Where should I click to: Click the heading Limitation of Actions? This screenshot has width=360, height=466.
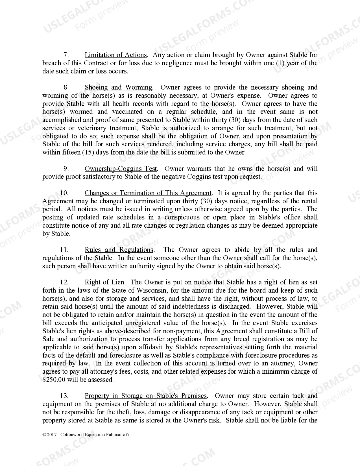pos(116,55)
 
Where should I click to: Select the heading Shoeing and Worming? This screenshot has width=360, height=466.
pos(118,87)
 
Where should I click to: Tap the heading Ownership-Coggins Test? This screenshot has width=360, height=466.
pos(121,169)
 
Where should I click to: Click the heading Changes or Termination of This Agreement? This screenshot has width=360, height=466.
pos(148,193)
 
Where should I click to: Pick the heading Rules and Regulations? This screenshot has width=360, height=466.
pos(119,250)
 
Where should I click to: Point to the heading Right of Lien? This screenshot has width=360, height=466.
pos(104,282)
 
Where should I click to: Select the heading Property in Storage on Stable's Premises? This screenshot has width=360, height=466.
pos(146,396)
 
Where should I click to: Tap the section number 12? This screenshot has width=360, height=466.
pos(64,282)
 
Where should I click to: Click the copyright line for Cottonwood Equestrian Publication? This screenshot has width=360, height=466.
pos(86,435)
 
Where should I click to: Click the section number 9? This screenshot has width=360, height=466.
pos(66,169)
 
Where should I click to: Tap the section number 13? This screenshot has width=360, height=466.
pos(64,396)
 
